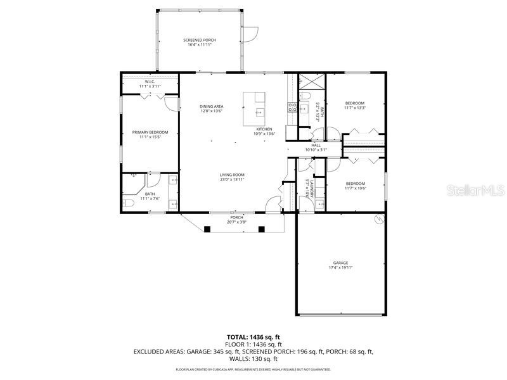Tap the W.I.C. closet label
point(150,82)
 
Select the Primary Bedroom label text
point(150,132)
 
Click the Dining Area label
point(211,106)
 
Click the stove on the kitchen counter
point(293,108)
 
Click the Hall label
point(316,145)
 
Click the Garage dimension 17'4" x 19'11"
point(341,267)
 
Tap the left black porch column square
point(207,229)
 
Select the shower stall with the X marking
point(311,83)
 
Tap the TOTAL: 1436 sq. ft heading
point(253,337)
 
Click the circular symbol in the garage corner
point(380,220)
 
